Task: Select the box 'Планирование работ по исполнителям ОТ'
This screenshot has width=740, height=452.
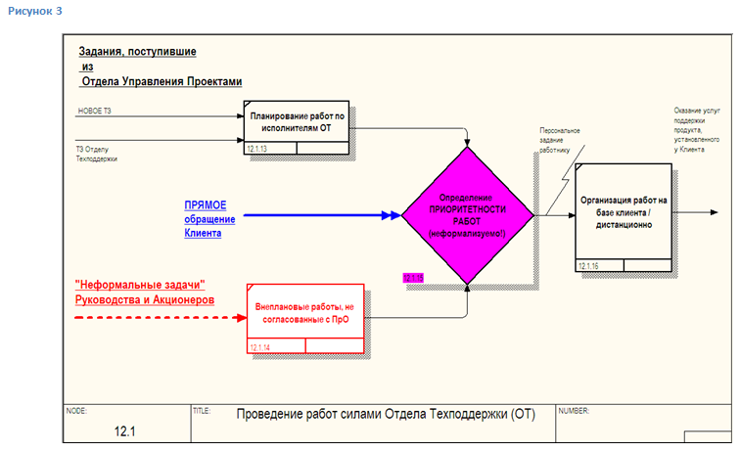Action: click(x=297, y=122)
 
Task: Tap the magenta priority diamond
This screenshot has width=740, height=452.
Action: click(x=468, y=214)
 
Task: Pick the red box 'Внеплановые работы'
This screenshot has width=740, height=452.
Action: click(x=302, y=313)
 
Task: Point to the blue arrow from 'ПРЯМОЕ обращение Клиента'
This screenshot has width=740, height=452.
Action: click(x=323, y=215)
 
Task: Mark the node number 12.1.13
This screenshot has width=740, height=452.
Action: click(x=258, y=148)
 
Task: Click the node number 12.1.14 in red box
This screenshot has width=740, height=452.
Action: click(x=259, y=346)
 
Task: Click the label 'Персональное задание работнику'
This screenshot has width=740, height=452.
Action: click(x=560, y=138)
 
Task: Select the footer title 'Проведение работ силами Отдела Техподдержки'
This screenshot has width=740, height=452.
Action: click(x=371, y=413)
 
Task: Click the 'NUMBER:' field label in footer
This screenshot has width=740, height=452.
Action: click(x=573, y=410)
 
